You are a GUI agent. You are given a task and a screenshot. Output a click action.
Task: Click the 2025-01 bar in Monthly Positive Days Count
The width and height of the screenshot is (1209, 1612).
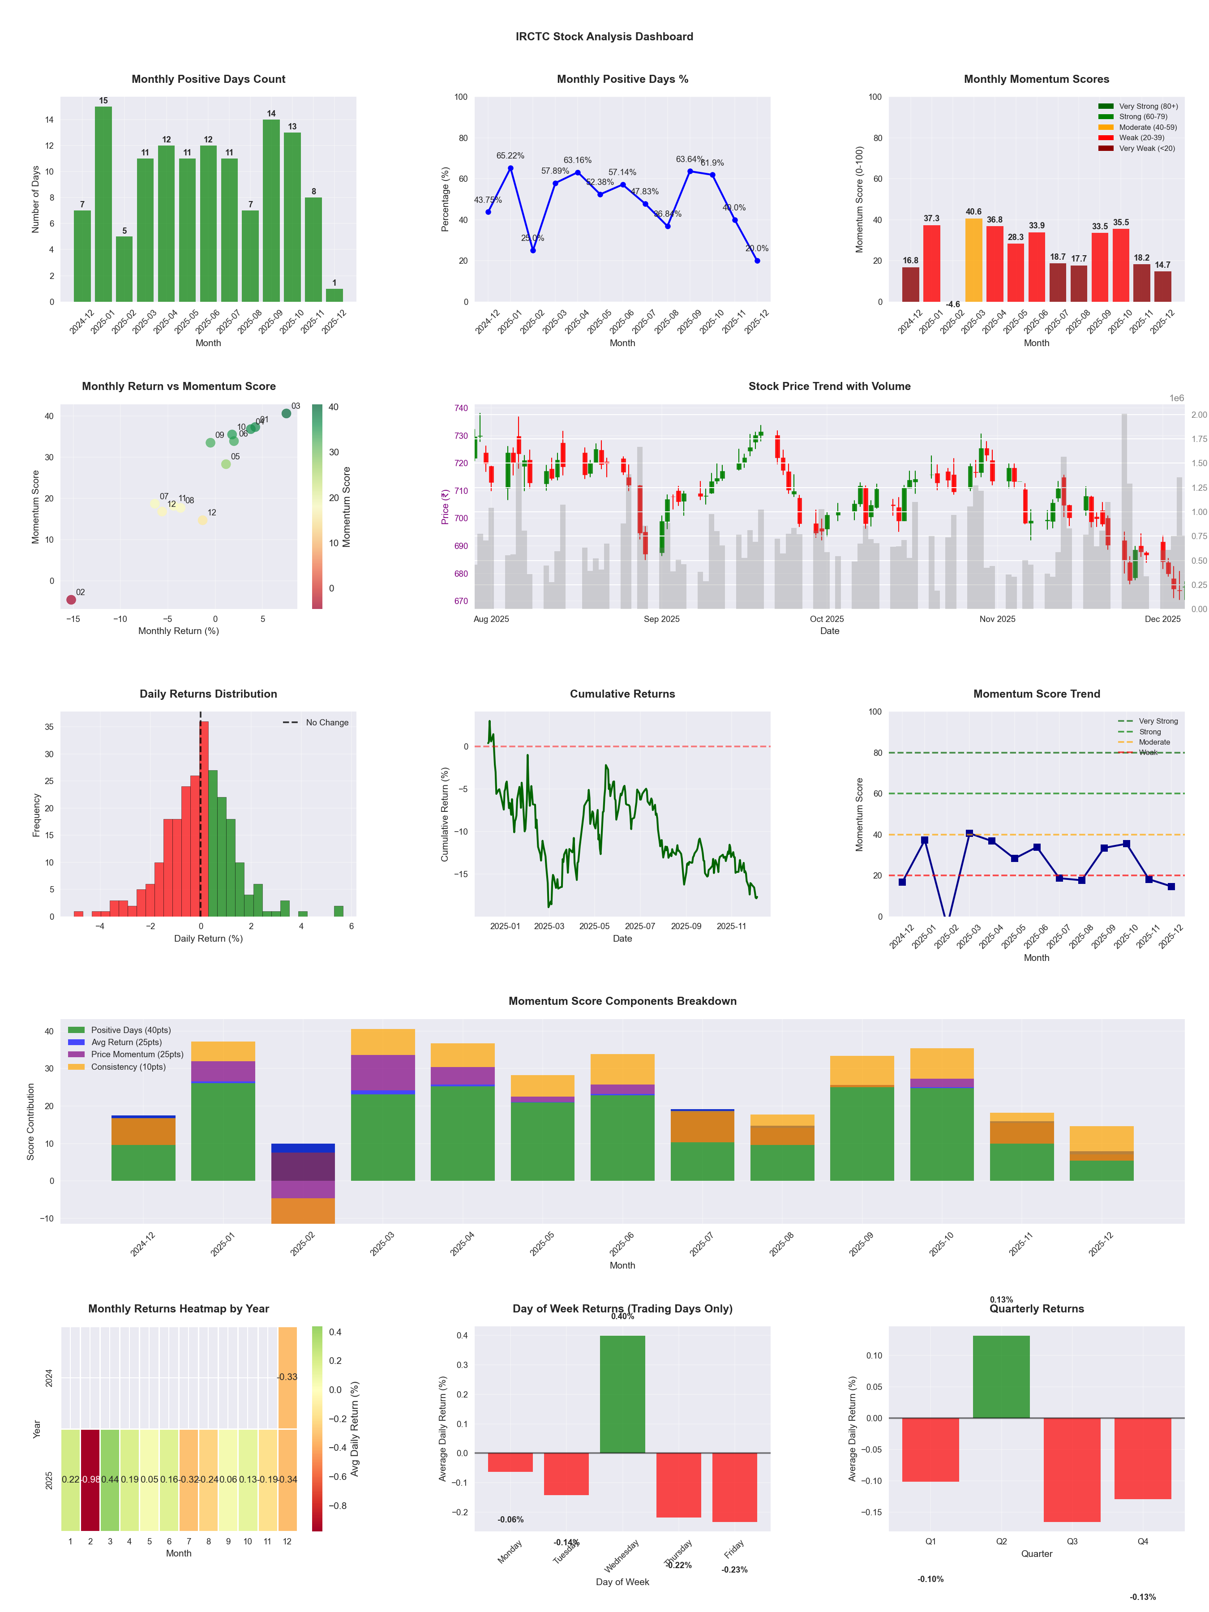(103, 204)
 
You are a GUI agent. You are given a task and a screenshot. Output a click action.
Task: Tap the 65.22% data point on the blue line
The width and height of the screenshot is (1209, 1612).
(511, 168)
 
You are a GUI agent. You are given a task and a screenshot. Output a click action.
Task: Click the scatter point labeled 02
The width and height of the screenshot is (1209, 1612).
(71, 600)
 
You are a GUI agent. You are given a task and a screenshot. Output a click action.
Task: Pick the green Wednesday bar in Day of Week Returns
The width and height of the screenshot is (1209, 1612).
(622, 1394)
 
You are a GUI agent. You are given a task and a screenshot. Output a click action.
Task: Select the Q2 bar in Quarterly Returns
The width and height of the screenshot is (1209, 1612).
(1001, 1376)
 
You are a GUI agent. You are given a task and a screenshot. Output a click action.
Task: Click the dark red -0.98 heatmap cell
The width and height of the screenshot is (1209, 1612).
(90, 1479)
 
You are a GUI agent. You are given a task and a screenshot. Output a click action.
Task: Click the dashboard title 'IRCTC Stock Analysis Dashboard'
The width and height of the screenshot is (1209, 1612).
(604, 36)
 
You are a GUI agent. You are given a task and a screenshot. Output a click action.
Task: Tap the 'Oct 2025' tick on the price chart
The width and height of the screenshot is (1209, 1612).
(827, 619)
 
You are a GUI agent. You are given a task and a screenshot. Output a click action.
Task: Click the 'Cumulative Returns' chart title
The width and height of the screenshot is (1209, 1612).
(622, 694)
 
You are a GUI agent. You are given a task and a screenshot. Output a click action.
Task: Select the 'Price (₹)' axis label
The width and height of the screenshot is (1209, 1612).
(445, 506)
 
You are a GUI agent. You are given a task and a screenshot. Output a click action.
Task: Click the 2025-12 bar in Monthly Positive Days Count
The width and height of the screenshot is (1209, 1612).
(334, 295)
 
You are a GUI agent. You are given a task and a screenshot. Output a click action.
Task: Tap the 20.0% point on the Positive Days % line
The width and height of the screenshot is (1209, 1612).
(757, 261)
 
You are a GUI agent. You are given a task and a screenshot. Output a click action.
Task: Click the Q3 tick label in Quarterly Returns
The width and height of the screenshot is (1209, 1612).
(1072, 1541)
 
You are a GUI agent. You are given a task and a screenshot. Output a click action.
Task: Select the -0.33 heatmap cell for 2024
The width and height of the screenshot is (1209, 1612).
(287, 1377)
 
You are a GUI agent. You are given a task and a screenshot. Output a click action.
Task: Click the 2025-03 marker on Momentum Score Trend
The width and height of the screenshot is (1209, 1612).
(969, 833)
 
